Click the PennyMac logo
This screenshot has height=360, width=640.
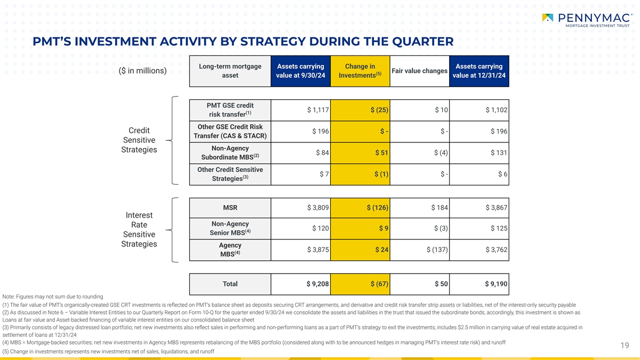(586, 21)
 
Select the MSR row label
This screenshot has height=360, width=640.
(230, 207)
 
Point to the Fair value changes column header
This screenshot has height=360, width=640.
(419, 71)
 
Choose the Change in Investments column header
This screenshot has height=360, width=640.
(360, 71)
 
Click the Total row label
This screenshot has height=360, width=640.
(230, 284)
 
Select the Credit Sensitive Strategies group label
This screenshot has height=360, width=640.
(139, 140)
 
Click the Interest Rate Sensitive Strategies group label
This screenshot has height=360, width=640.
(139, 230)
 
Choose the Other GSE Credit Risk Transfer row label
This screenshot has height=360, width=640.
(230, 131)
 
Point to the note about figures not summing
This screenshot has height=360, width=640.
(53, 297)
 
